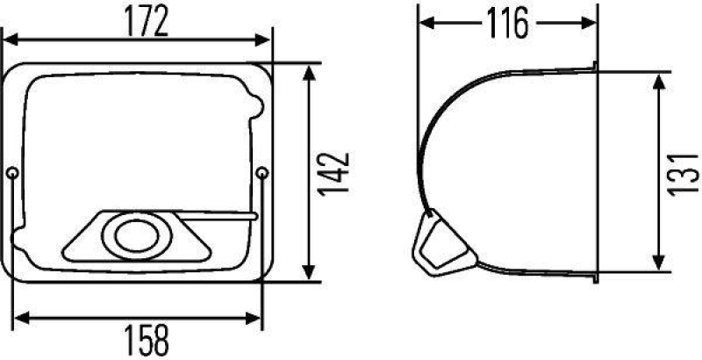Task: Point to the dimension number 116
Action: (506, 24)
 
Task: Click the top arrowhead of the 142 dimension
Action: (308, 71)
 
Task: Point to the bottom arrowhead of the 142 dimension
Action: (308, 275)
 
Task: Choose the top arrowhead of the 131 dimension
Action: (657, 81)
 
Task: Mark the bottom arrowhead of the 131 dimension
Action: (657, 264)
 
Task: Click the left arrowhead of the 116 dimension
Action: (423, 23)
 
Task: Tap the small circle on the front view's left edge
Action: (12, 173)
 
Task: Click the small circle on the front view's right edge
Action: (263, 174)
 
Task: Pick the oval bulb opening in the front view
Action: (132, 235)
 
